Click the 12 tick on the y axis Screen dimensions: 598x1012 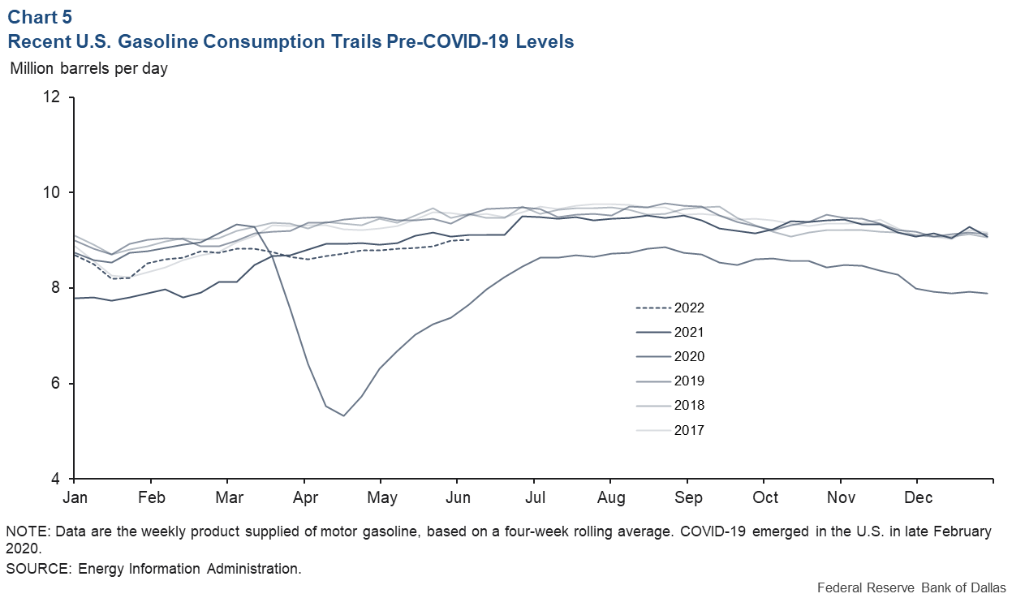click(x=52, y=97)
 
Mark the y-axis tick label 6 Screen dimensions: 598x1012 click(x=56, y=384)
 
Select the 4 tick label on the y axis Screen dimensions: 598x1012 click(x=56, y=479)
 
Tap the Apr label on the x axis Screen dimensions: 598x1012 click(x=305, y=497)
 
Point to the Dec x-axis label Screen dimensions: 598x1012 click(x=918, y=497)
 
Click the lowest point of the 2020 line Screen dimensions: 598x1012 click(x=344, y=415)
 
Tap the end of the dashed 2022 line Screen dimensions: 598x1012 click(x=469, y=239)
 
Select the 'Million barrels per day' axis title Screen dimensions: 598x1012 click(x=88, y=68)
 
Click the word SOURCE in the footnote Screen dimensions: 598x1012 click(x=38, y=568)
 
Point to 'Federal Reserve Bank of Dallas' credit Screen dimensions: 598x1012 click(x=911, y=587)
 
